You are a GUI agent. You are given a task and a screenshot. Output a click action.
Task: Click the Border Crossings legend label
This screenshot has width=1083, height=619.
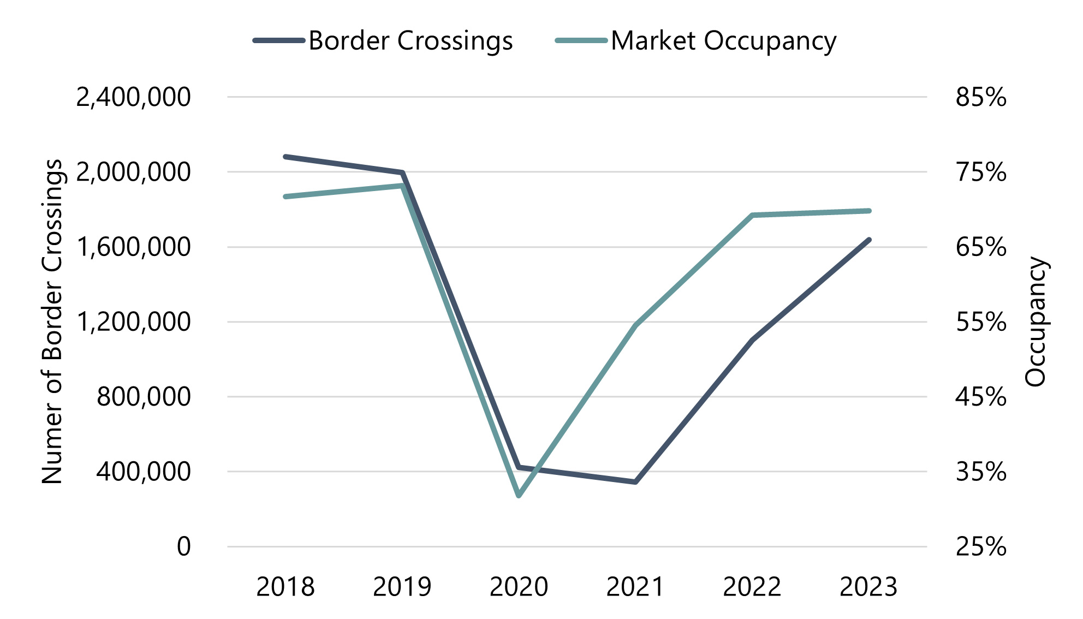(x=410, y=41)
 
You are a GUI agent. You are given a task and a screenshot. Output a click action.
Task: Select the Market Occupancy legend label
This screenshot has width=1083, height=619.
(x=723, y=41)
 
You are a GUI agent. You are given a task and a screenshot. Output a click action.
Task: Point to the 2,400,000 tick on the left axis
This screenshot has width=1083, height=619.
(x=134, y=98)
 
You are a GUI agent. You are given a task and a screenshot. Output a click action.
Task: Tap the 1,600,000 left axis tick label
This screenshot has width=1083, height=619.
(x=134, y=247)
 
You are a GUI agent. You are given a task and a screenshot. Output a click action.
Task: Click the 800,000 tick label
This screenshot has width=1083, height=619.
(x=144, y=397)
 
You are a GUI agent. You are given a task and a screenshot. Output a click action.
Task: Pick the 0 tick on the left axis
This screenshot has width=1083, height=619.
(x=184, y=546)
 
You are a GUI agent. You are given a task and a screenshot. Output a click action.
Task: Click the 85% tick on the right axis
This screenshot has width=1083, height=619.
(x=980, y=98)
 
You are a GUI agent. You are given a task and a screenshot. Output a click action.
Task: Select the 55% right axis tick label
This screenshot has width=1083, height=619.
(x=980, y=322)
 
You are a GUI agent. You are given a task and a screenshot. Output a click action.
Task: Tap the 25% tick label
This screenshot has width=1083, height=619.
(x=980, y=546)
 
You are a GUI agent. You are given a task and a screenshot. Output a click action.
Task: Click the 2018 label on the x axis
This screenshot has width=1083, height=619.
(x=285, y=587)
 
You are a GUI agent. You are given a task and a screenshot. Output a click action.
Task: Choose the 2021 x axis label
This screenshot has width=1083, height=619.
(x=635, y=587)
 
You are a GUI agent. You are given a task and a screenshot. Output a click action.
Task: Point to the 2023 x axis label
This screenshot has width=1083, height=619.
(x=868, y=587)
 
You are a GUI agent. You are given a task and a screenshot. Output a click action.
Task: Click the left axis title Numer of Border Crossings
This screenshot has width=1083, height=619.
(x=52, y=322)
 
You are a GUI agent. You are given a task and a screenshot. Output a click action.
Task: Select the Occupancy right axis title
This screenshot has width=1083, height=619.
(x=1035, y=322)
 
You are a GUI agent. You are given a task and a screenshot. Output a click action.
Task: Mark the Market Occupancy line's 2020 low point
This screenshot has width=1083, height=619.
(x=519, y=496)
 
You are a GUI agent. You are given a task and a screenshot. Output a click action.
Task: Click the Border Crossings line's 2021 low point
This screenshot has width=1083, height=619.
(x=635, y=482)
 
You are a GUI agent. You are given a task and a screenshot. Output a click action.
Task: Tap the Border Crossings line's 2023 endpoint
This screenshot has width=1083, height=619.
(x=868, y=240)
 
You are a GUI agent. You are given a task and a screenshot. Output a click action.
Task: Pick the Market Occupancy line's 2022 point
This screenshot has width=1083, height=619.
(x=752, y=216)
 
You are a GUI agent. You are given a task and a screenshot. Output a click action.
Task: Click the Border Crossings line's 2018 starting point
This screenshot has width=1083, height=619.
(x=285, y=157)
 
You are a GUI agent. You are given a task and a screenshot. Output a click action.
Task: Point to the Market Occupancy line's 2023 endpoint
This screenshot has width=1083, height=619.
(x=868, y=211)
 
